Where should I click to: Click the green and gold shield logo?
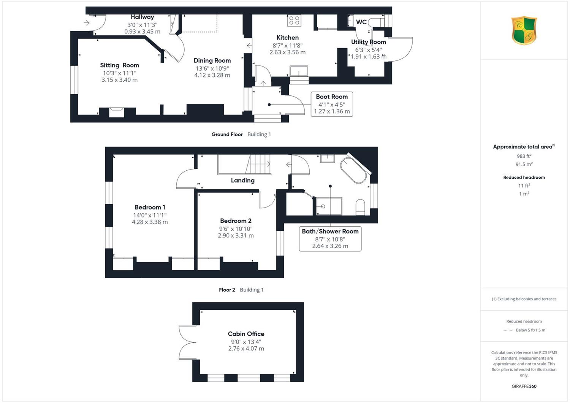click(524, 30)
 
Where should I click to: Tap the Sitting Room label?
click(119, 65)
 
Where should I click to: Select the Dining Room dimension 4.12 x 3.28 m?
click(212, 75)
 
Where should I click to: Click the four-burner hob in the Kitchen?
click(294, 21)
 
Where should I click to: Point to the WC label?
click(361, 22)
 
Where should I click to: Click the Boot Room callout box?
click(332, 104)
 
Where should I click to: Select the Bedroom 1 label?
click(150, 207)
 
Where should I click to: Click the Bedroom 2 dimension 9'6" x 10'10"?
click(236, 228)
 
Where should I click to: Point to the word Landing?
click(242, 180)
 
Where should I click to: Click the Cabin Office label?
click(246, 334)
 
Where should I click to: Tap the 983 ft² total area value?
click(524, 156)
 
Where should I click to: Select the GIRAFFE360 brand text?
click(524, 386)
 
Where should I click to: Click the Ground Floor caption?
click(227, 135)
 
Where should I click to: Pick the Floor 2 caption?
click(227, 290)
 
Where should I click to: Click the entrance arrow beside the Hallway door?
click(87, 23)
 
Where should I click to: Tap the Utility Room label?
click(369, 42)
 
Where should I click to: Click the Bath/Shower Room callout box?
click(330, 239)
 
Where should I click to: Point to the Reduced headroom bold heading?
click(524, 178)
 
